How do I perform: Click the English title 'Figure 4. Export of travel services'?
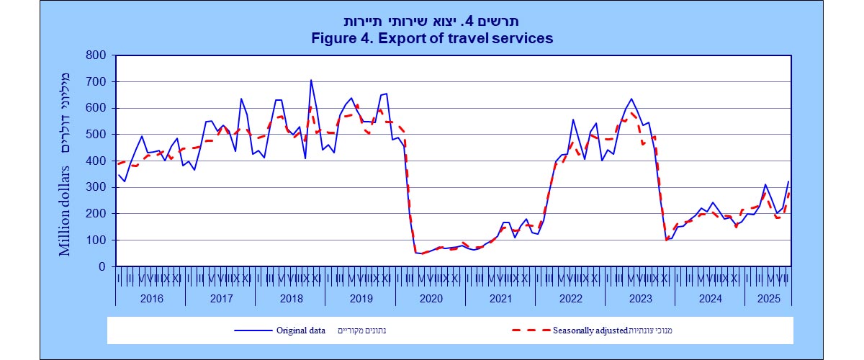pyautogui.click(x=432, y=38)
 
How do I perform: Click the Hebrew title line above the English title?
pyautogui.click(x=432, y=21)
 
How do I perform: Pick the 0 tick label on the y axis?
pyautogui.click(x=102, y=266)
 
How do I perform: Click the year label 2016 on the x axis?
pyautogui.click(x=151, y=297)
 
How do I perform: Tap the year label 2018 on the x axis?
pyautogui.click(x=291, y=297)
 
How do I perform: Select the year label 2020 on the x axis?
pyautogui.click(x=431, y=297)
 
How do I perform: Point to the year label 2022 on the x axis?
pyautogui.click(x=570, y=297)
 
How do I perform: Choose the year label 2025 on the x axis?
pyautogui.click(x=768, y=297)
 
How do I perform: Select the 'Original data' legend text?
pyautogui.click(x=301, y=330)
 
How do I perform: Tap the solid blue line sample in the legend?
pyautogui.click(x=252, y=330)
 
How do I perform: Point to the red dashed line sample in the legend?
pyautogui.click(x=530, y=330)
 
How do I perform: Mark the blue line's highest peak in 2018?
pyautogui.click(x=311, y=80)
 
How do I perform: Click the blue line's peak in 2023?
pyautogui.click(x=631, y=99)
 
